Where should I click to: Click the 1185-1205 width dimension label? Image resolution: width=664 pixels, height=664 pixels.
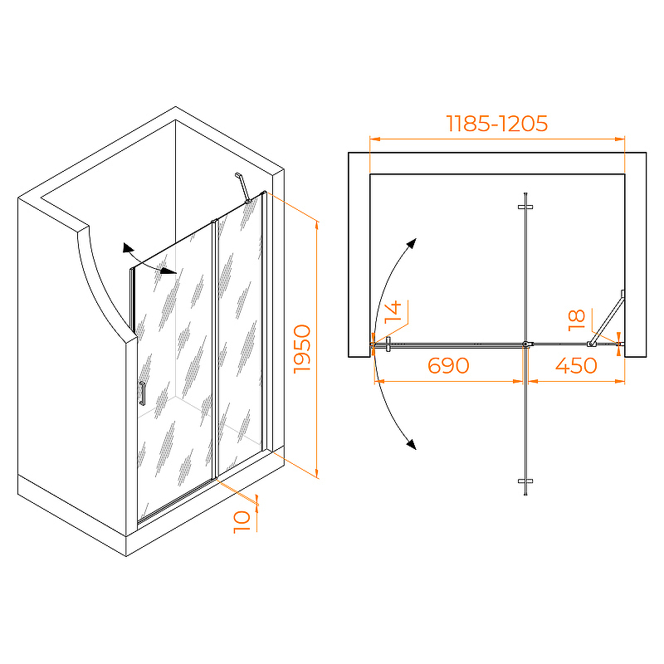tap(496, 124)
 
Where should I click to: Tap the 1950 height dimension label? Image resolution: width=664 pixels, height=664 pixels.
tap(302, 349)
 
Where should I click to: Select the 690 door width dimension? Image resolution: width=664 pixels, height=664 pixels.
tap(448, 365)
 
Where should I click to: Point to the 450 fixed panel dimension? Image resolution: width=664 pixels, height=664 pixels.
tap(576, 365)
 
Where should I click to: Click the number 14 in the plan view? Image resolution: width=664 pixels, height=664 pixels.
tap(393, 312)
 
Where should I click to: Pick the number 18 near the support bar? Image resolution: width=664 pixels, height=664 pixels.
tap(576, 320)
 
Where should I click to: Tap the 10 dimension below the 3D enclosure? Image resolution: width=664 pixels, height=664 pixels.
tap(242, 522)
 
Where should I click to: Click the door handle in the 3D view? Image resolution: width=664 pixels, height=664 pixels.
tap(142, 393)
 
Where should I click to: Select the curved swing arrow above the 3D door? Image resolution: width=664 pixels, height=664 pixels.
tap(149, 261)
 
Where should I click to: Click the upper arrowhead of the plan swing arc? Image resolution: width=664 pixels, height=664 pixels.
tap(411, 244)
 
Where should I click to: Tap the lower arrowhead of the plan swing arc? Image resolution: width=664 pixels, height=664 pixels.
tap(411, 444)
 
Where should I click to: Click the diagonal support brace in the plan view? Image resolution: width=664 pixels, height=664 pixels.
tap(608, 319)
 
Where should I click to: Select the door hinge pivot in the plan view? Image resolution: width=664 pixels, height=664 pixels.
tap(525, 344)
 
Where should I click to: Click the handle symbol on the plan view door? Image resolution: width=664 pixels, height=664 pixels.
tap(388, 344)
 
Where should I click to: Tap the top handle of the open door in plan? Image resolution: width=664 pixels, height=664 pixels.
tap(525, 207)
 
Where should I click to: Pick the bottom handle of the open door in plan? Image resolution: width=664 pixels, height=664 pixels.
tap(525, 481)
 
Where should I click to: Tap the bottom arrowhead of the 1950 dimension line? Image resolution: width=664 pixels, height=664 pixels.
tap(317, 472)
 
